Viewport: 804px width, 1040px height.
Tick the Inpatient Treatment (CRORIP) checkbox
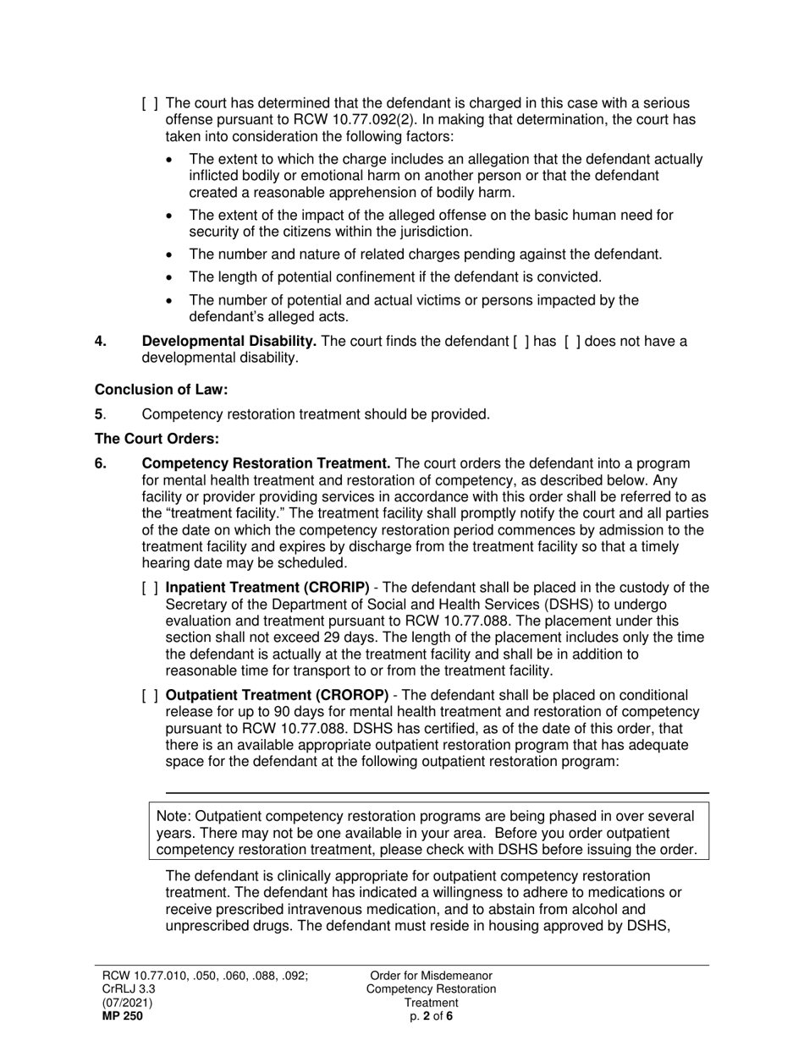(150, 588)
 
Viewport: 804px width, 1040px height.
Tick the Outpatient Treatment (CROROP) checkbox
(150, 696)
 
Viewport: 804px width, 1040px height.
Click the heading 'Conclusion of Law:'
(161, 390)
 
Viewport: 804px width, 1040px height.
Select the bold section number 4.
(101, 342)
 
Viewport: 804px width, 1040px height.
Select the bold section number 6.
(101, 463)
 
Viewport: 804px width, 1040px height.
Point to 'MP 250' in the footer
(123, 1016)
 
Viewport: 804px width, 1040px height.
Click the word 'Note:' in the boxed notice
(173, 816)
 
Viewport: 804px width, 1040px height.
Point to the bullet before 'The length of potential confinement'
(173, 277)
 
